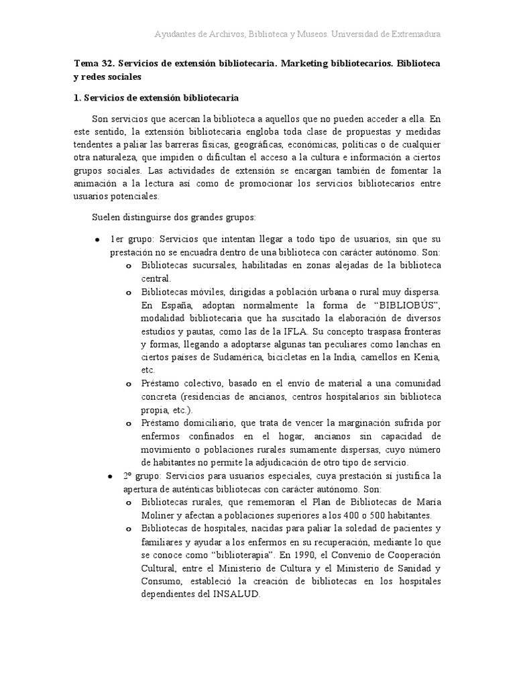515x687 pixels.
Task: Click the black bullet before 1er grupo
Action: (98, 240)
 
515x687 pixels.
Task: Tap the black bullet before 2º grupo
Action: (110, 476)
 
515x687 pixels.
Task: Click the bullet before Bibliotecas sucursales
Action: (129, 266)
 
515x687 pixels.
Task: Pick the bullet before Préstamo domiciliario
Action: (129, 424)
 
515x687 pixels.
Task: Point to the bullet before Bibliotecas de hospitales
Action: (129, 529)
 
